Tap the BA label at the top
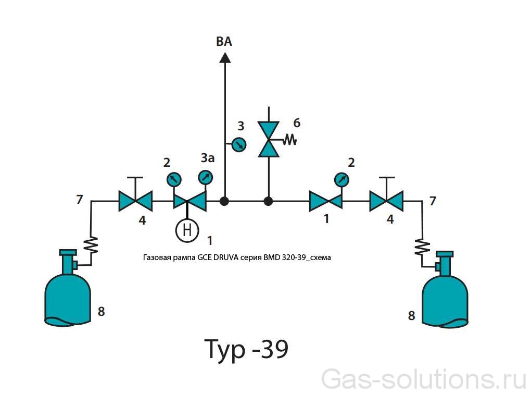coord(224,42)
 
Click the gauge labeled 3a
coord(206,178)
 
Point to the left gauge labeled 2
coord(174,180)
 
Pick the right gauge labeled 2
coord(342,180)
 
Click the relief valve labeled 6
coord(269,139)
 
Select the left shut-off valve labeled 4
coord(135,201)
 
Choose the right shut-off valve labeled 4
coord(386,201)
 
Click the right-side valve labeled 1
coord(325,201)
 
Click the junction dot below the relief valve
coord(269,201)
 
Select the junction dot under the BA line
coord(225,201)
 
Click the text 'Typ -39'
coord(245,349)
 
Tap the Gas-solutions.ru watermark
coord(424,378)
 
